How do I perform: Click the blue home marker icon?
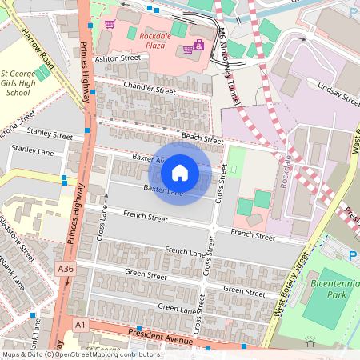coord(180,173)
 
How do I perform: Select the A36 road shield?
coord(66,270)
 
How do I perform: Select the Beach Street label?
coord(202,138)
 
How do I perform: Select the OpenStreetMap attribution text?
coord(80,354)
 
